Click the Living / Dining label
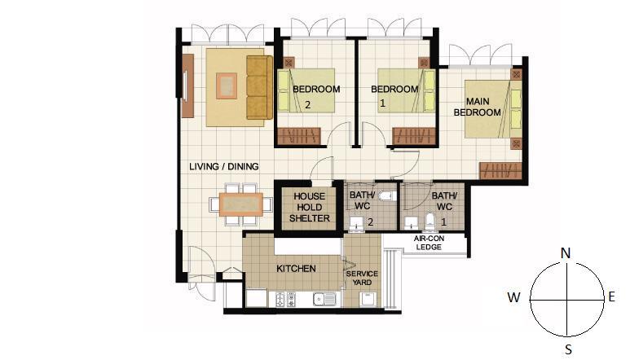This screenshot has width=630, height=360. [224, 166]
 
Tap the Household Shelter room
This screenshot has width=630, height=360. [309, 208]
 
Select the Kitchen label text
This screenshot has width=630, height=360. [296, 269]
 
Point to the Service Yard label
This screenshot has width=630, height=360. [362, 278]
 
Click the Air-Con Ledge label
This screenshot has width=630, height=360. [429, 243]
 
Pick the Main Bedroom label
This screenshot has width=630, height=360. [478, 107]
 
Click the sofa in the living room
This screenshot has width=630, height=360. [259, 87]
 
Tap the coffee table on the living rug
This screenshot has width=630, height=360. [227, 86]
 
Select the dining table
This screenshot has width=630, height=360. [241, 204]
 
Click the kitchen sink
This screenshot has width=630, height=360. [324, 299]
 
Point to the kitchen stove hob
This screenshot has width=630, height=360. [285, 300]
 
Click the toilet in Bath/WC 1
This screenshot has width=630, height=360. [430, 222]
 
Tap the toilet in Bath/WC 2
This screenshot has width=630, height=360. [387, 196]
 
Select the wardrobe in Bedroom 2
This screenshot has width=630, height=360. [299, 136]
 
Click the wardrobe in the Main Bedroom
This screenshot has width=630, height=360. [500, 170]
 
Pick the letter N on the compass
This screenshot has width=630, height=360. [566, 253]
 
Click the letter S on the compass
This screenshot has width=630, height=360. [568, 349]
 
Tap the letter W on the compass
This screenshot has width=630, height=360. [514, 297]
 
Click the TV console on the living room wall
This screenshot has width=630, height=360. [187, 86]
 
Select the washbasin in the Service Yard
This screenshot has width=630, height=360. [368, 299]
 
